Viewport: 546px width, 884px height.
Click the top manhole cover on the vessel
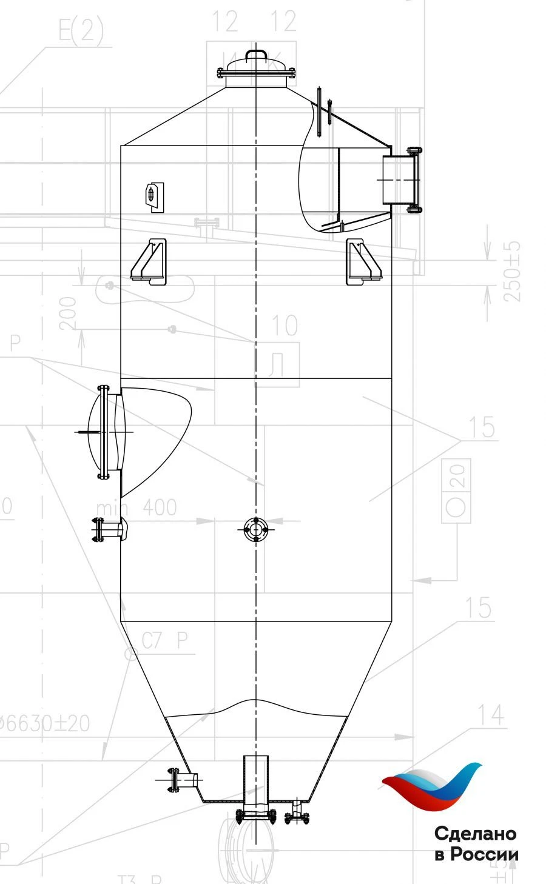pos(255,66)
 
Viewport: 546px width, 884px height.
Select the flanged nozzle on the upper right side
pos(401,179)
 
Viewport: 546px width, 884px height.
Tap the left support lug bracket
pos(149,261)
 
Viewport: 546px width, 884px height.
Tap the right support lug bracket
pos(363,262)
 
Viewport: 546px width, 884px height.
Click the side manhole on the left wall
pos(107,432)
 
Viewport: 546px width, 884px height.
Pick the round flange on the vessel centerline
pos(256,529)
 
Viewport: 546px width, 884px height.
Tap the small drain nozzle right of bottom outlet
pos(297,811)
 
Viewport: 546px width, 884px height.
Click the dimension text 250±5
pos(513,271)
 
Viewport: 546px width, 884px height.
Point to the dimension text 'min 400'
pos(136,507)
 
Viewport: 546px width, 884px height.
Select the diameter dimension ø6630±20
pos(45,723)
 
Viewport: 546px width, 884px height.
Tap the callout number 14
pos(490,715)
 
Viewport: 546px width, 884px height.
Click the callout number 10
pos(284,326)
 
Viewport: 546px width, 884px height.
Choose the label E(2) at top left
pos(81,30)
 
